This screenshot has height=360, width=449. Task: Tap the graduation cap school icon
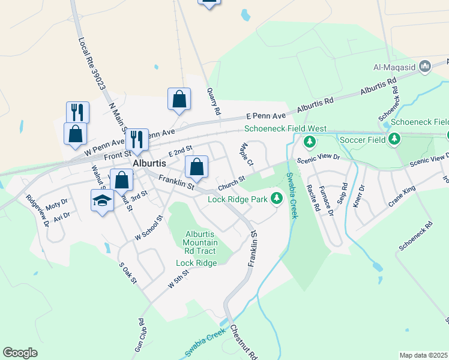(102, 200)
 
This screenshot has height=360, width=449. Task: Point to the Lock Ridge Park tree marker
(276, 197)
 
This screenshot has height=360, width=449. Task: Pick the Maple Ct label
(246, 155)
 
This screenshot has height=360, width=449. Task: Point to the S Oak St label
(128, 272)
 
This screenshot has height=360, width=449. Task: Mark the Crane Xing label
(402, 196)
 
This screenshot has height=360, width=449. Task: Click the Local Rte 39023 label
(91, 62)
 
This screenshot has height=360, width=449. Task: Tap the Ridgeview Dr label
(38, 211)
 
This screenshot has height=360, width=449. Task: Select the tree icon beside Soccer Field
(394, 140)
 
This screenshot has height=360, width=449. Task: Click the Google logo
(20, 353)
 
